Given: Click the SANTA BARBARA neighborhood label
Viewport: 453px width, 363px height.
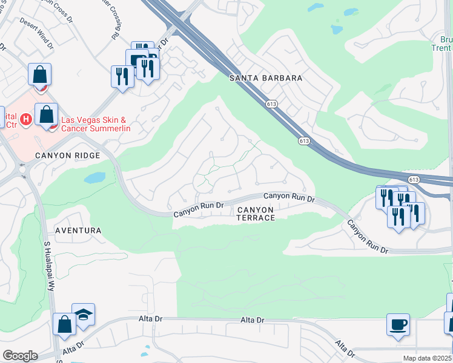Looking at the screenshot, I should pyautogui.click(x=265, y=79).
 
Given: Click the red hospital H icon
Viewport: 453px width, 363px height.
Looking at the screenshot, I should pyautogui.click(x=25, y=119).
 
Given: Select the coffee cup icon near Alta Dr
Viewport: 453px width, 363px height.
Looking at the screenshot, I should pyautogui.click(x=398, y=324).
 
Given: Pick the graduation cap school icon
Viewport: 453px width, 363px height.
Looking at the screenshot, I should pyautogui.click(x=84, y=315).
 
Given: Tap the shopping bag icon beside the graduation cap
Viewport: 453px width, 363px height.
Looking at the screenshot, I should pyautogui.click(x=64, y=324).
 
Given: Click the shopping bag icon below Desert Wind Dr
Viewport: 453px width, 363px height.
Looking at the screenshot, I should pyautogui.click(x=39, y=75).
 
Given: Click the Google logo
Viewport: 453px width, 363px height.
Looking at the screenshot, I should pyautogui.click(x=20, y=356).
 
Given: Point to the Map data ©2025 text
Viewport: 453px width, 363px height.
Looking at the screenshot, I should pyautogui.click(x=427, y=358).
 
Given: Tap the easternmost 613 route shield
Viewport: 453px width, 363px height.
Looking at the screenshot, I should pyautogui.click(x=414, y=180).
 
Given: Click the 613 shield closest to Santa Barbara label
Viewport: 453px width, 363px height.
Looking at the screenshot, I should pyautogui.click(x=271, y=104).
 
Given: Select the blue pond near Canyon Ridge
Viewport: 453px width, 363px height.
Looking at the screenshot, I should pyautogui.click(x=94, y=178).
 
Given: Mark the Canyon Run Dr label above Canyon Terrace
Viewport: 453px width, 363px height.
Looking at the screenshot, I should pyautogui.click(x=289, y=197).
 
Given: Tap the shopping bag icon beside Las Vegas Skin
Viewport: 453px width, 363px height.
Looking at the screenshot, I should pyautogui.click(x=46, y=114).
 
